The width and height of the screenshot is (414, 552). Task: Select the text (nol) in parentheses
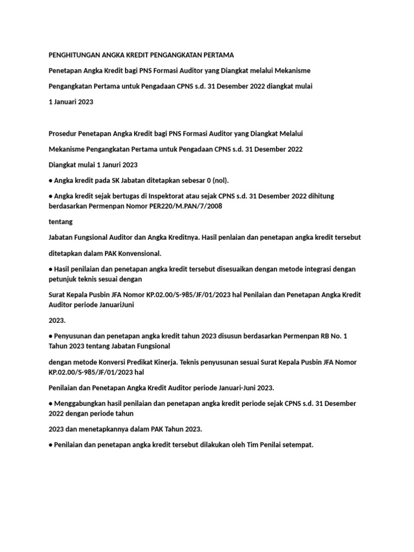225,180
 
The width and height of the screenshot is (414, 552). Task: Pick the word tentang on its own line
60,222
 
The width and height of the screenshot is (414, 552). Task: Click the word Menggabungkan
80,403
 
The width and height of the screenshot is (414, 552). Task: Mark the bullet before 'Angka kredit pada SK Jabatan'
50,180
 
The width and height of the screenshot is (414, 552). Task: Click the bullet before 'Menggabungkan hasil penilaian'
50,403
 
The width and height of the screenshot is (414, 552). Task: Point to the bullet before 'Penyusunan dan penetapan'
50,336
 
